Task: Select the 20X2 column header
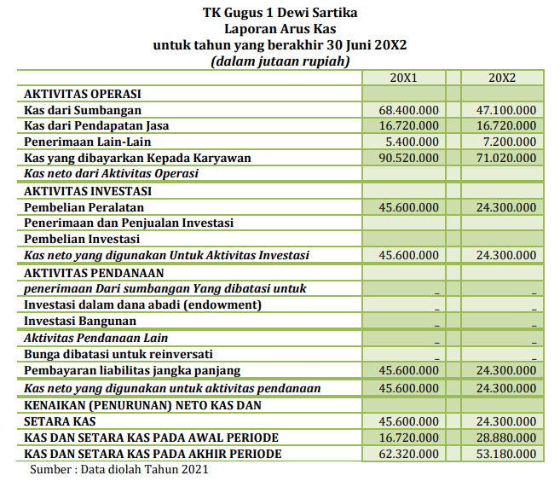tap(502, 78)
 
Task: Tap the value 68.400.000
tap(409, 110)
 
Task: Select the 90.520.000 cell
tap(409, 158)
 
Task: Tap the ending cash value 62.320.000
tap(409, 454)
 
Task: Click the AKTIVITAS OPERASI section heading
tap(82, 94)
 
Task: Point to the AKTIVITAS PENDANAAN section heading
tap(94, 273)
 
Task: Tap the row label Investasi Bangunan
tap(80, 321)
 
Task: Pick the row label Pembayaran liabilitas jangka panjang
tap(132, 370)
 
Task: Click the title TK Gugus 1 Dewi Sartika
tap(280, 13)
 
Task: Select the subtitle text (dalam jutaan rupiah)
tap(280, 61)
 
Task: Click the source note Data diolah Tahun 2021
tap(144, 469)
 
